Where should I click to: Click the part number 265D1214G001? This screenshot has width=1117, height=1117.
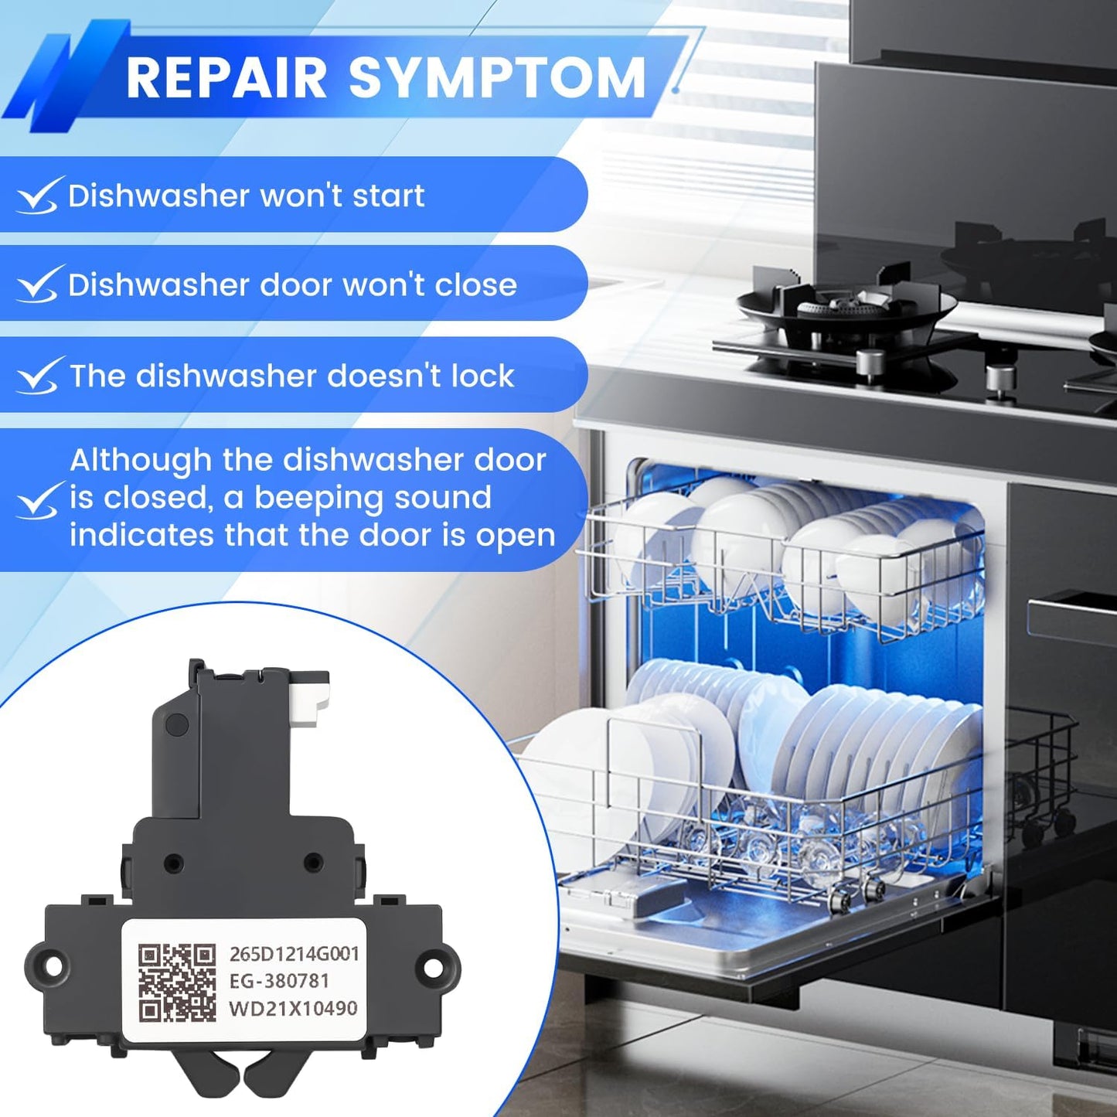(x=295, y=954)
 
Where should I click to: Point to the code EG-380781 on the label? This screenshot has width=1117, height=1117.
(x=279, y=981)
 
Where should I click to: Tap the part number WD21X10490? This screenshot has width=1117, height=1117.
(x=293, y=1009)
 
